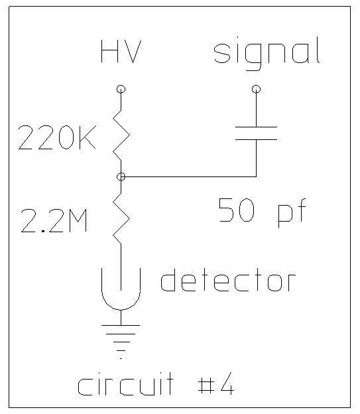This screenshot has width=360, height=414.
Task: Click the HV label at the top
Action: point(121,51)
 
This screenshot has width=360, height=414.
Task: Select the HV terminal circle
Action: point(121,89)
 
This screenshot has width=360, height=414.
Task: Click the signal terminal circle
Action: point(256,89)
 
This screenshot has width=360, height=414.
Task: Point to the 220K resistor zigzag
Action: point(121,135)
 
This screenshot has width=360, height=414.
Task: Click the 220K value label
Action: point(57,137)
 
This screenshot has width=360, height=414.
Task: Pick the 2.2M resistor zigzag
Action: point(121,218)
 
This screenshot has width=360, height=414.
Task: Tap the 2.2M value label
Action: point(54,220)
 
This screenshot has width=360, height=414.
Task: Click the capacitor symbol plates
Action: point(256,133)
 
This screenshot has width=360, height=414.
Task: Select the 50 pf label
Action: point(263,212)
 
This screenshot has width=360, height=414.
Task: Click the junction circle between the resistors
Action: point(121,176)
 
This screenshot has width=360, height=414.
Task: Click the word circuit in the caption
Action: point(125,383)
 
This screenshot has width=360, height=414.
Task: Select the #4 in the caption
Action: point(216,383)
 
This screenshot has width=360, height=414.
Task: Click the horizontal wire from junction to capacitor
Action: point(188,176)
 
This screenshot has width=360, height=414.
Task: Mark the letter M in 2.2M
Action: point(78,220)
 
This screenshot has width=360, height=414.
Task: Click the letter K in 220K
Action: point(88,137)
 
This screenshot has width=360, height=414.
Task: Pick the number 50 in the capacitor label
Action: point(237,210)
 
